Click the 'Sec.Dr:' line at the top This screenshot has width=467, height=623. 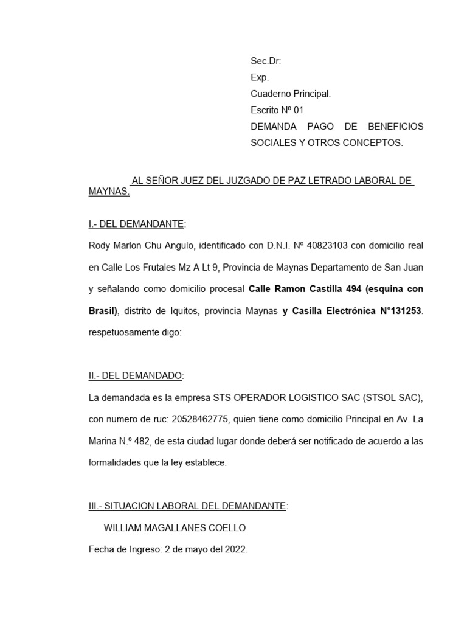click(266, 61)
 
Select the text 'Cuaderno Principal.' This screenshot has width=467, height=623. click(291, 94)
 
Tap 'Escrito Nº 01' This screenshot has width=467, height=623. click(277, 110)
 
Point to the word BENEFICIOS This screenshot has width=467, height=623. click(395, 127)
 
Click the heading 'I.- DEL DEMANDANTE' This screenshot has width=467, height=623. click(136, 224)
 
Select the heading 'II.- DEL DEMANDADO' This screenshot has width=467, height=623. click(135, 376)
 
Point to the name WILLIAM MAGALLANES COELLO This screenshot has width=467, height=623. click(175, 527)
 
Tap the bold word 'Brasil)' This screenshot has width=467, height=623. click(103, 311)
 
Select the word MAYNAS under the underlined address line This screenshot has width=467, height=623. click(109, 191)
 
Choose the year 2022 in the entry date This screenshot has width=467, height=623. click(234, 549)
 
